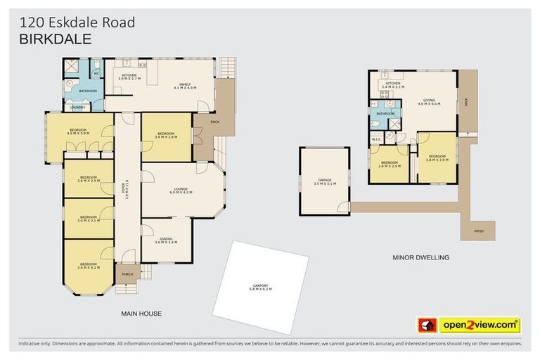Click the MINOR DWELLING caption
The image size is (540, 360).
click(420, 257)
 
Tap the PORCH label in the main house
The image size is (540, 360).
click(127, 274)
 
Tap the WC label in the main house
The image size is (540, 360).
click(97, 72)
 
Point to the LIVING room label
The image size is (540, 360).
click(428, 102)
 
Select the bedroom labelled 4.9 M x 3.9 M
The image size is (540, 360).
click(77, 131)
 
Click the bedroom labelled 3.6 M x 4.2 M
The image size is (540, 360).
click(89, 266)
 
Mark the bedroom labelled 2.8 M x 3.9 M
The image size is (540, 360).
click(437, 158)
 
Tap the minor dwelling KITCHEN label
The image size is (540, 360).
click(392, 85)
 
